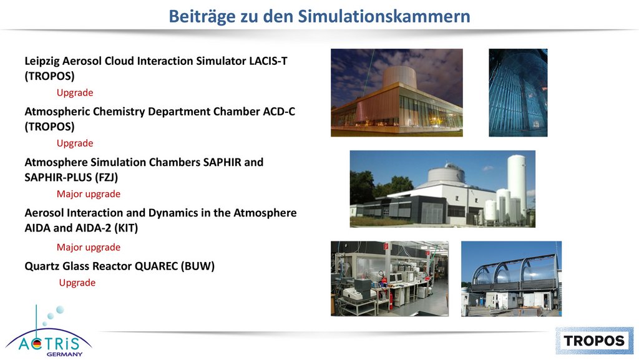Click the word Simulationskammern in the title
click(384, 16)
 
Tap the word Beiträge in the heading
click(202, 17)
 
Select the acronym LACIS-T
click(268, 61)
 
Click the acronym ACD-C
click(278, 112)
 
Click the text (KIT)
click(126, 228)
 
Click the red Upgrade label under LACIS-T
click(75, 93)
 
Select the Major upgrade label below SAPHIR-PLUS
click(89, 194)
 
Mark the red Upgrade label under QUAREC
click(77, 283)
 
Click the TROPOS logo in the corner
click(594, 341)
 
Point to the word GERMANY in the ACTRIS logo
click(64, 354)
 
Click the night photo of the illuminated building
click(396, 92)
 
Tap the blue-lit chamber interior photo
click(518, 92)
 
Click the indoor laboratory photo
click(389, 278)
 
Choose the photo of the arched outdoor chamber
click(512, 278)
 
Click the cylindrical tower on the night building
click(399, 77)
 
